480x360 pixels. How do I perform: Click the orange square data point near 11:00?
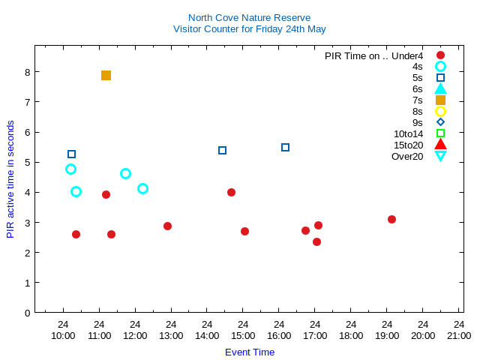[x=106, y=75]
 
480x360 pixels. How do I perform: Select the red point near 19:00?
[x=391, y=219]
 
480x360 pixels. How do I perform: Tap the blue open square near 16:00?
[x=285, y=147]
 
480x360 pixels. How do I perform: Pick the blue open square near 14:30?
[x=222, y=150]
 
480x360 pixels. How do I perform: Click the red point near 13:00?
[x=167, y=226]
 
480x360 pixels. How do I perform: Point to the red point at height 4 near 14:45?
[x=231, y=192]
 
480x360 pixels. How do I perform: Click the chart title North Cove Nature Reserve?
[x=249, y=17]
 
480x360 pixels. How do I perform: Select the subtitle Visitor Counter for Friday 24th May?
[x=249, y=29]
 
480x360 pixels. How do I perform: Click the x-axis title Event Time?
[x=250, y=352]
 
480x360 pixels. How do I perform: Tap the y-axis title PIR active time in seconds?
[x=10, y=179]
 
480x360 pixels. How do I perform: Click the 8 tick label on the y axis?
[x=26, y=72]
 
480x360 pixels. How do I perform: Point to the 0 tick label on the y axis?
[x=26, y=313]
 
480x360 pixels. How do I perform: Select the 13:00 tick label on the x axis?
[x=171, y=335]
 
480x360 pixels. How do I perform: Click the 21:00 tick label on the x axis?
[x=459, y=335]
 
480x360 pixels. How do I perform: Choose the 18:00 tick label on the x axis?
[x=351, y=335]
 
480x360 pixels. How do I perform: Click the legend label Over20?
[x=407, y=156]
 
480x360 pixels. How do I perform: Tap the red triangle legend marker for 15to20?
[x=440, y=145]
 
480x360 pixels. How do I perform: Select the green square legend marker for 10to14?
[x=440, y=133]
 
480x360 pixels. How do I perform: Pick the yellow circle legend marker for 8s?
[x=440, y=111]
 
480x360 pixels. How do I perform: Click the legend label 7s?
[x=417, y=100]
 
